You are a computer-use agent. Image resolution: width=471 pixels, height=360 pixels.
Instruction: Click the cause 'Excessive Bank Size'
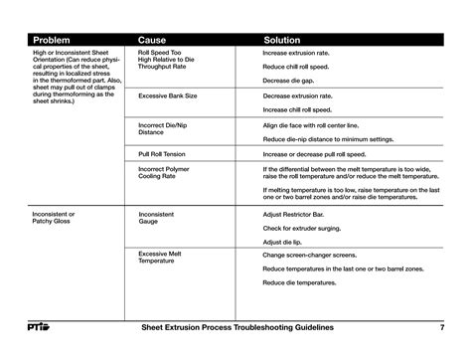click(167, 96)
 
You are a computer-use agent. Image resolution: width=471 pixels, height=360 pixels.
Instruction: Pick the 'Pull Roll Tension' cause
click(163, 154)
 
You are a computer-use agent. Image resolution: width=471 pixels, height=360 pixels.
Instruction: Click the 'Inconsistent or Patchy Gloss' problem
click(55, 218)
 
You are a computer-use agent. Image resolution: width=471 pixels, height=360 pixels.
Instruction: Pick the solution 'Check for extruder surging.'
click(307, 228)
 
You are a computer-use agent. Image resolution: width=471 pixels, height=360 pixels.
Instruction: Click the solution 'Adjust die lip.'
click(284, 242)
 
